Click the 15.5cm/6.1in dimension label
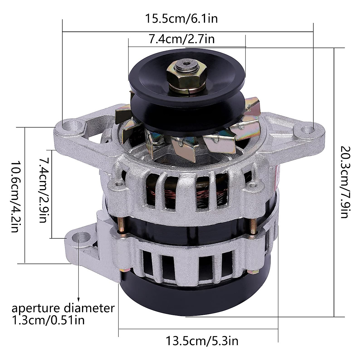181,19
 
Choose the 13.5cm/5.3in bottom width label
202,341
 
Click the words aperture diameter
63,309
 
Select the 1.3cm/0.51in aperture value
48,320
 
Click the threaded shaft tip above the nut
185,64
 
